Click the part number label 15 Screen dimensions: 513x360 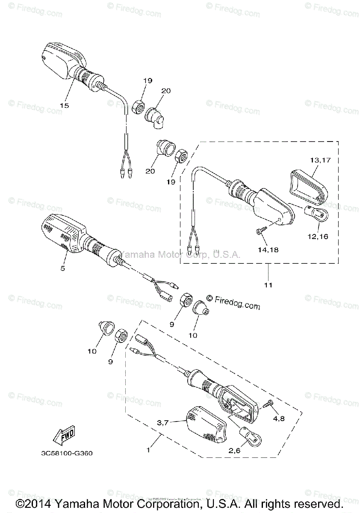[64, 105]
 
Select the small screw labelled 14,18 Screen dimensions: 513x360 [260, 231]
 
